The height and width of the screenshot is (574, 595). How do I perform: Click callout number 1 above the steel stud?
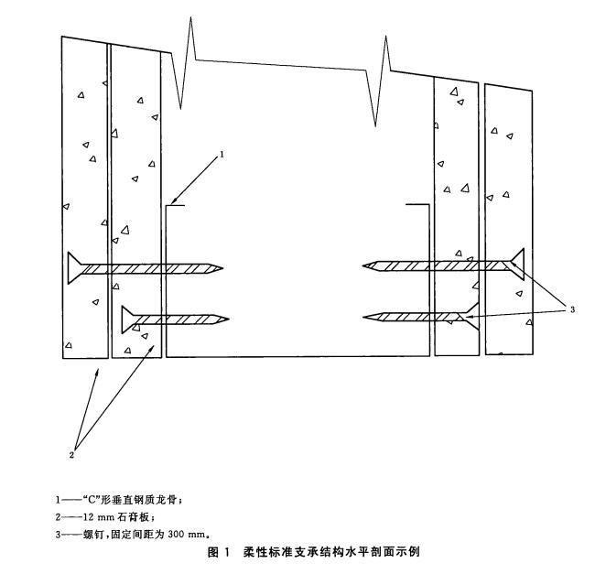(x=221, y=156)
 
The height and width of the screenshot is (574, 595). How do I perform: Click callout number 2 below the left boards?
(x=72, y=451)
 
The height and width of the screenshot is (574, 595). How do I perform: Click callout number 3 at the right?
(x=572, y=309)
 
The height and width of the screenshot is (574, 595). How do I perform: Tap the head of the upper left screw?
(x=74, y=268)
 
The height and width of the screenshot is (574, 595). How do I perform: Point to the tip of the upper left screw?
(x=222, y=268)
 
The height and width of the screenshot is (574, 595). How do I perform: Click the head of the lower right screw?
(x=471, y=317)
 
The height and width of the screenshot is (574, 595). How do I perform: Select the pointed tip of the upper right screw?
(x=365, y=266)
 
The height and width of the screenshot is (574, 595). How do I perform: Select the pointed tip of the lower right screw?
(x=365, y=317)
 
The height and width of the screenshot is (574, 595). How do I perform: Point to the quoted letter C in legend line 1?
(x=90, y=500)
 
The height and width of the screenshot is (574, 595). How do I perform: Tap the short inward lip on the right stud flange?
(x=416, y=204)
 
